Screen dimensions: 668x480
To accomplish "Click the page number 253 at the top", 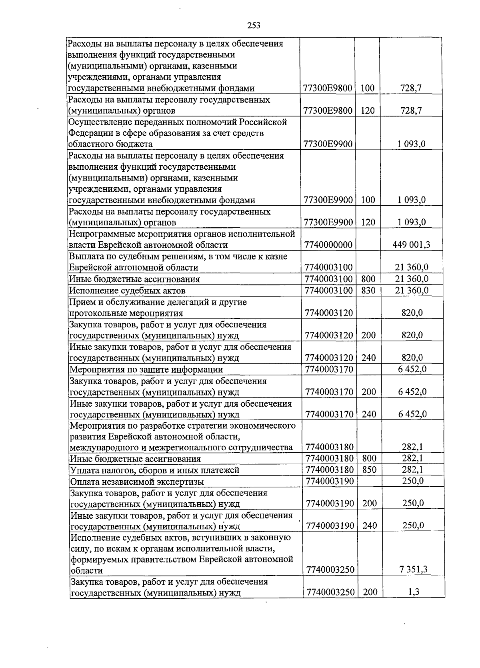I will click(x=254, y=26).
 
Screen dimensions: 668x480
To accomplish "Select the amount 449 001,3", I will click(x=412, y=245).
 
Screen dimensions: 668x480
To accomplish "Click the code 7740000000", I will click(x=328, y=245).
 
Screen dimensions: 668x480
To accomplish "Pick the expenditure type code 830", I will click(x=368, y=290).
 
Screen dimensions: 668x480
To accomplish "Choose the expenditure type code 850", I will click(x=369, y=469).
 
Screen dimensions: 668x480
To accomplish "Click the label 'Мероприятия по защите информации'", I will click(x=146, y=369).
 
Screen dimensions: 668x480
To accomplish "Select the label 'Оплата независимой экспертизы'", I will click(x=137, y=481).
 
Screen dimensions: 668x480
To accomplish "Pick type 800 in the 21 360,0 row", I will click(x=368, y=279).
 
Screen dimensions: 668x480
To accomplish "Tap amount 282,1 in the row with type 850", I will click(x=412, y=469).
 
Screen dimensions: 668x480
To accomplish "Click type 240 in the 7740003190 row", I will click(x=369, y=526).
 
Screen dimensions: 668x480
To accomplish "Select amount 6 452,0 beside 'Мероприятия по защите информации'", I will click(x=412, y=369).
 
